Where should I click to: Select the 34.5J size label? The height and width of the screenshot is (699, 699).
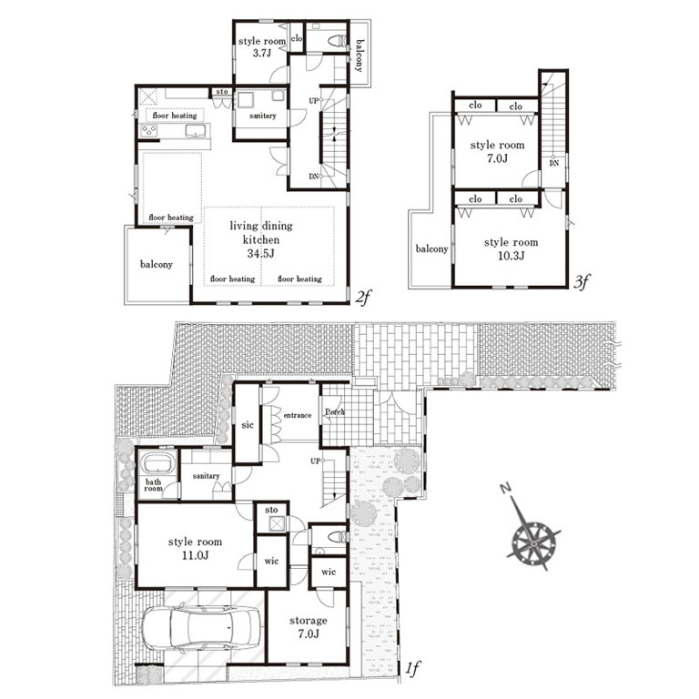[x=261, y=254]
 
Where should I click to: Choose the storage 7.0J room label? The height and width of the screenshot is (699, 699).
[x=308, y=627]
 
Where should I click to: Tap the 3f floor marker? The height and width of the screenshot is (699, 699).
[x=582, y=281]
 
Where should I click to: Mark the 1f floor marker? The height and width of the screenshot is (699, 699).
[x=412, y=668]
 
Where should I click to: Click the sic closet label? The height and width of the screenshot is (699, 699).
[x=248, y=425]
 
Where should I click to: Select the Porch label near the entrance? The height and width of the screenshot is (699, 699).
[x=335, y=412]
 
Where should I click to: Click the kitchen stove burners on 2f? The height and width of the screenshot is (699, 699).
[x=149, y=131]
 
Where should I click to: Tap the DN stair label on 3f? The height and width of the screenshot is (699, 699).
[x=553, y=163]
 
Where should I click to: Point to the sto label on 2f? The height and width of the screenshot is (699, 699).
[x=222, y=92]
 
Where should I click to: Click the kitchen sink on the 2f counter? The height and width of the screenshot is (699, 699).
[x=196, y=131]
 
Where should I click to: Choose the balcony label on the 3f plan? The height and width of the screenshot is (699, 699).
[x=431, y=248]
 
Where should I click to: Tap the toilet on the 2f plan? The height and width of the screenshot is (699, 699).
[x=338, y=42]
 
